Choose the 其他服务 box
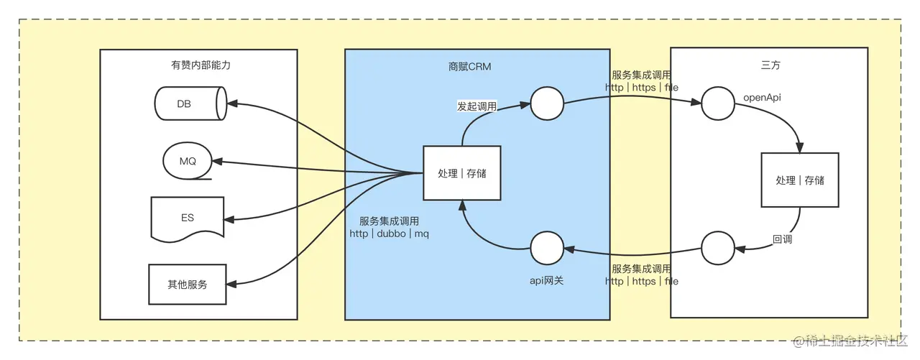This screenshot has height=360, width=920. click(187, 285)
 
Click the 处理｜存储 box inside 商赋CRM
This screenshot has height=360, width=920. click(461, 173)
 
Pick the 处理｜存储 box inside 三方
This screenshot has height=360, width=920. click(800, 180)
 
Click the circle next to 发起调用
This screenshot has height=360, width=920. click(547, 105)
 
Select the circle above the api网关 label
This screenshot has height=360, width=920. click(547, 249)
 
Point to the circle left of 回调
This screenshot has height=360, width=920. click(717, 249)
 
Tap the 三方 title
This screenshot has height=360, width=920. click(770, 65)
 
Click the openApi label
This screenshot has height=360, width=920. click(762, 96)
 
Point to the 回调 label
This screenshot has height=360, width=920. click(782, 239)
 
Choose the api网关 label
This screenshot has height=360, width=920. click(546, 280)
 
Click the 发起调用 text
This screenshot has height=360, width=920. click(477, 106)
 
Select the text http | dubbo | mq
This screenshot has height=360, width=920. click(390, 234)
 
